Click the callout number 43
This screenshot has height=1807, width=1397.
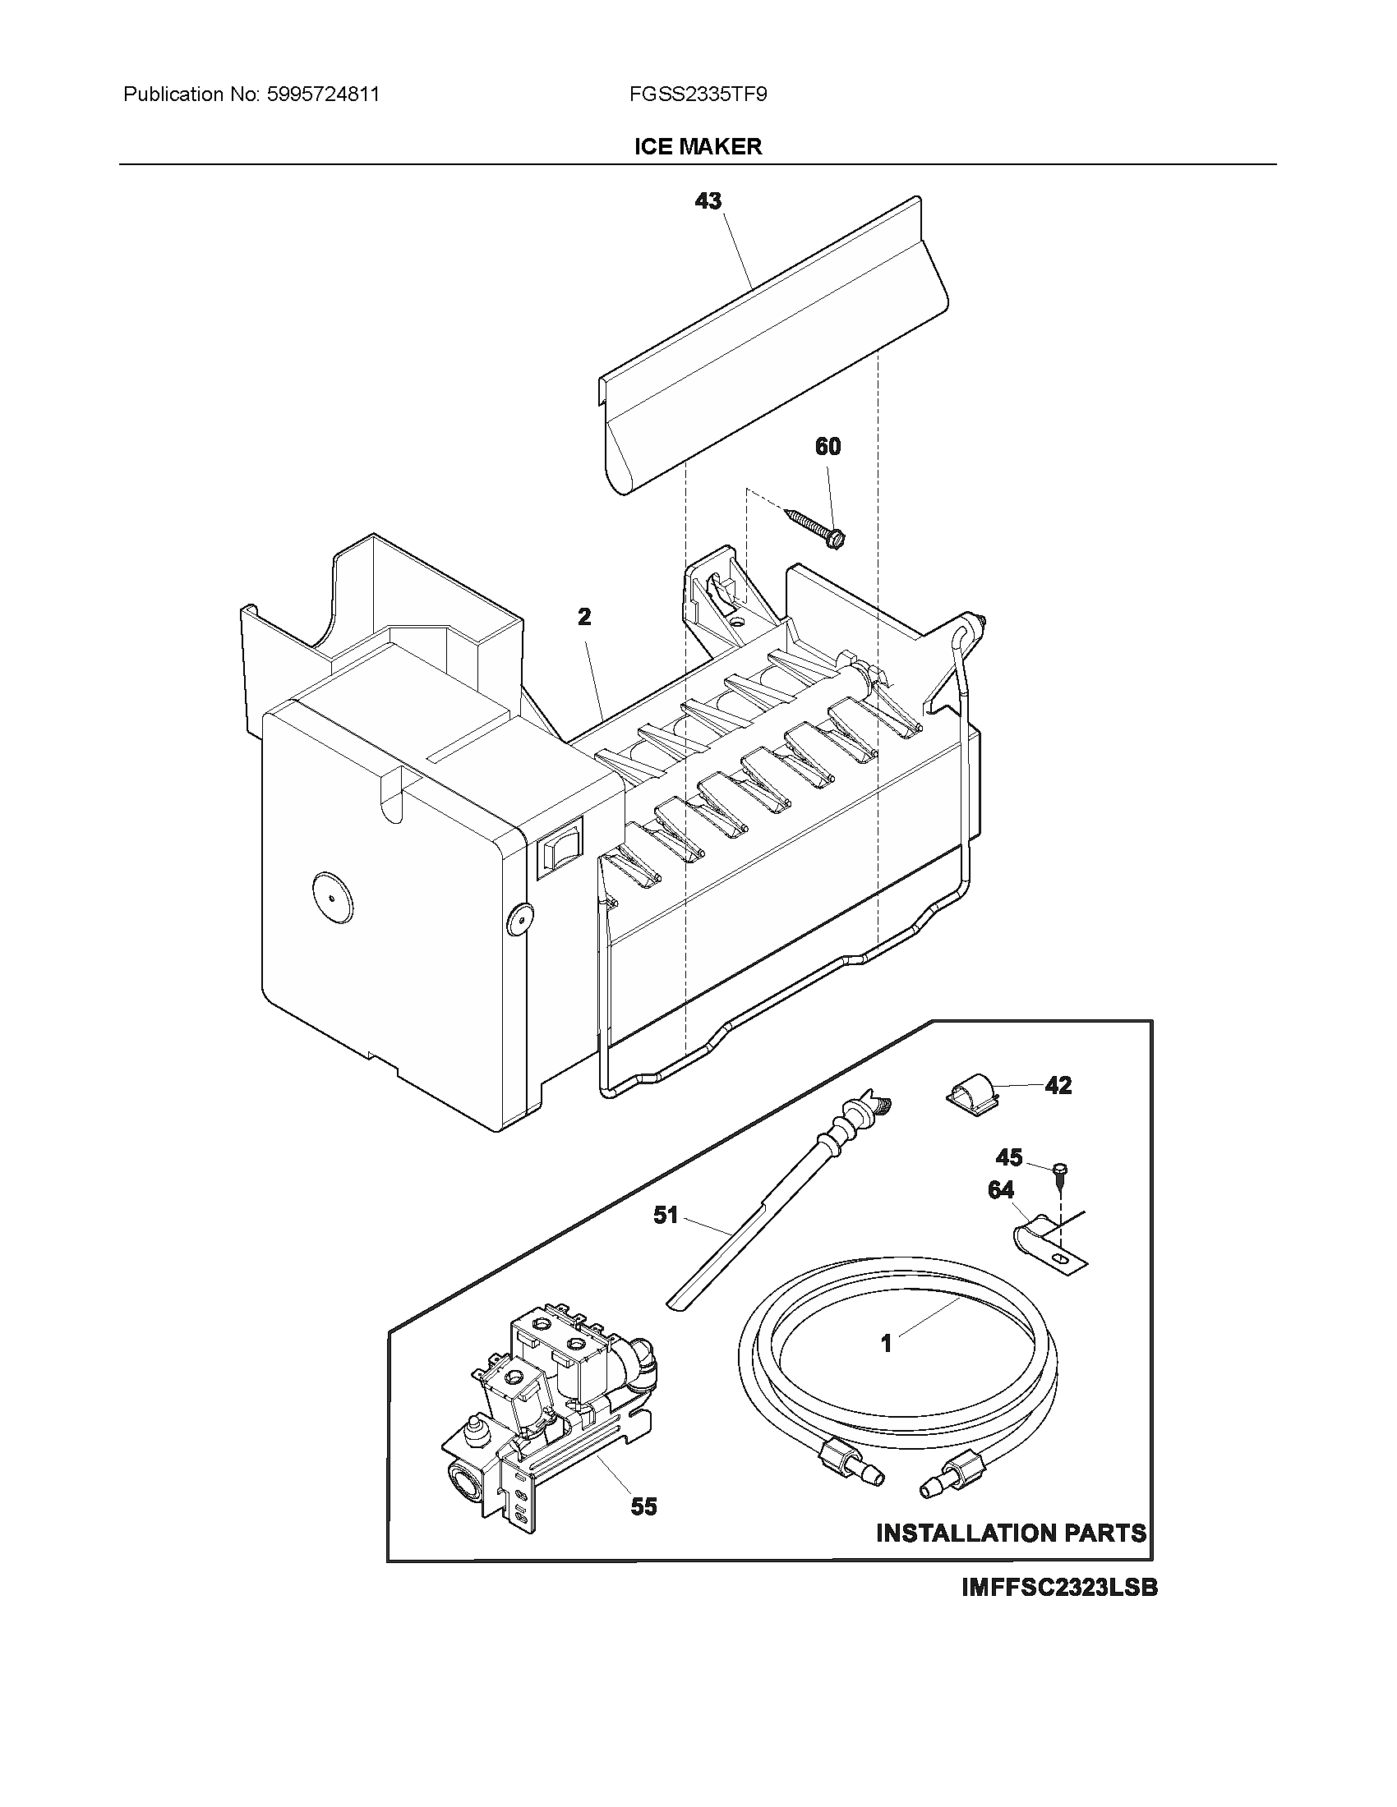pos(708,201)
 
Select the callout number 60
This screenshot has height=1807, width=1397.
pos(828,447)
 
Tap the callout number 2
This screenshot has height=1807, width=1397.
pos(584,616)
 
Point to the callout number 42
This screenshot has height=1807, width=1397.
pos(1058,1085)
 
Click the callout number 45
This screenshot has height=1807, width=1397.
pos(1009,1156)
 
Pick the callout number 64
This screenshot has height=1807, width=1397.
pos(1001,1190)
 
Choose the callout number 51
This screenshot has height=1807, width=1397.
pos(666,1215)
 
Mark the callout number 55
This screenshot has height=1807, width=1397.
pos(644,1506)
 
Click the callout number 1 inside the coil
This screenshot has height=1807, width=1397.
pos(887,1344)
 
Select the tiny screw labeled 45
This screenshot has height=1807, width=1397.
pos(1060,1170)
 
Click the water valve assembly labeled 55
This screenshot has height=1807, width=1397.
pos(546,1406)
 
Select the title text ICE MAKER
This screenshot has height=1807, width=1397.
pos(698,146)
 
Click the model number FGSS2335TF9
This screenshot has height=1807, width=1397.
pos(698,94)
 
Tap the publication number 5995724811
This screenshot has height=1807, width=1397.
pos(322,94)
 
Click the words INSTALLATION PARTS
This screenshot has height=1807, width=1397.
pos(1011,1533)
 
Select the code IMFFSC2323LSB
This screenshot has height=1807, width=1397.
pos(1058,1588)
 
